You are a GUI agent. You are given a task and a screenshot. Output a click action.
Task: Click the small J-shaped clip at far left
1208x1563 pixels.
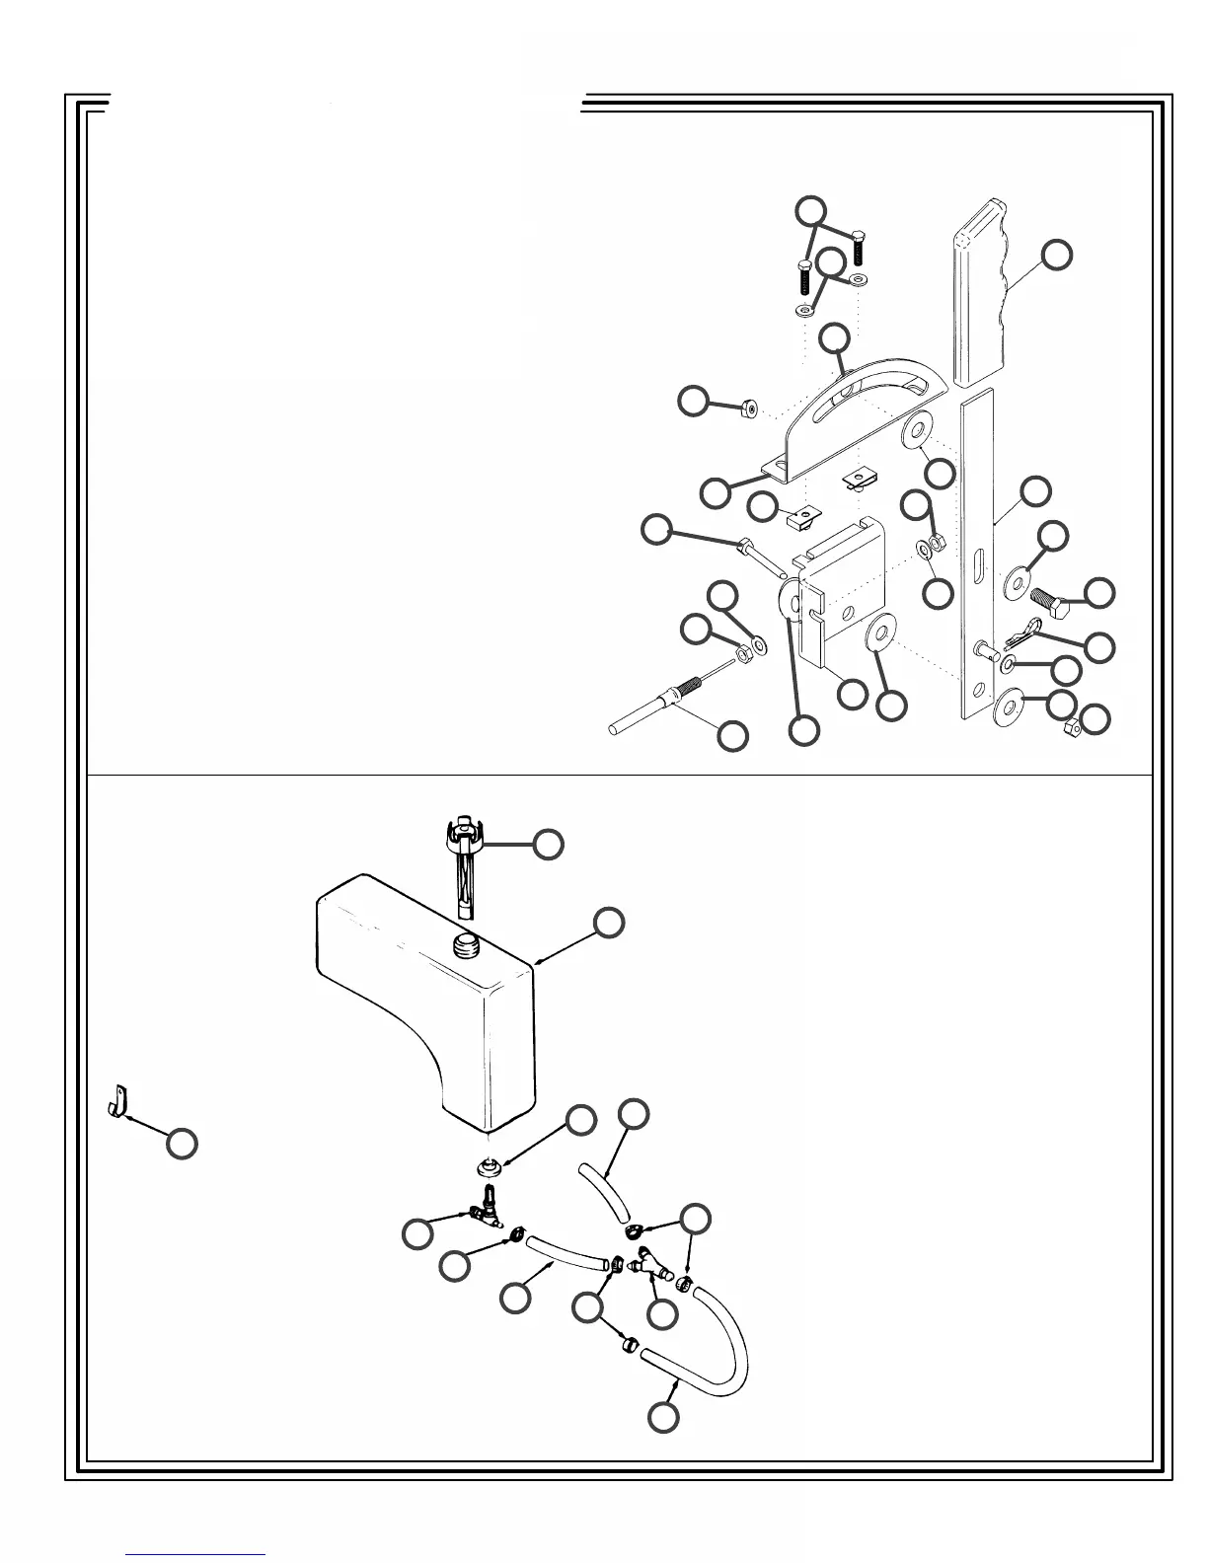[118, 1102]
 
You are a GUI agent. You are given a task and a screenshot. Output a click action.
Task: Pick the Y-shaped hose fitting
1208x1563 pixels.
[651, 1265]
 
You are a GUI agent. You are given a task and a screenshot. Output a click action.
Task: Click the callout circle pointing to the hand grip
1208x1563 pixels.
[1057, 254]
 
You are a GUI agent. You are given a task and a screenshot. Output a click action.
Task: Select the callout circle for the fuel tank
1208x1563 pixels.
[609, 922]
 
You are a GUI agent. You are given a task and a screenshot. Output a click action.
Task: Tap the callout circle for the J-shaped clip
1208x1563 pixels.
[181, 1143]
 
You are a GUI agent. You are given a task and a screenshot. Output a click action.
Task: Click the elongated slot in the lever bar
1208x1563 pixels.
[977, 570]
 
